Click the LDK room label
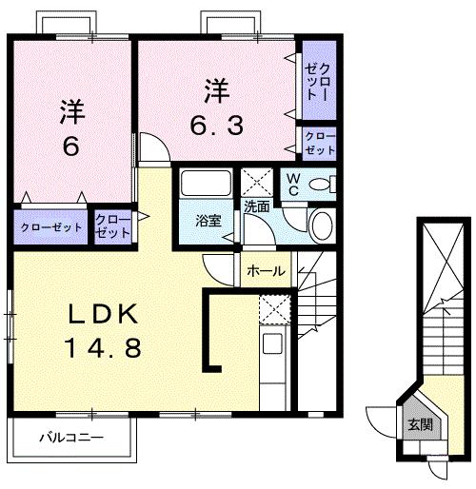pos(106,315)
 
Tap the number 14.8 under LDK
pos(106,347)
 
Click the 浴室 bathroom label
pos(208,221)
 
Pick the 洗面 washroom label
pos(256,205)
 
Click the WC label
pos(293,182)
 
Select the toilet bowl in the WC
pos(322,183)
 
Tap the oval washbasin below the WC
pos(322,225)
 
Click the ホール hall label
pos(266,271)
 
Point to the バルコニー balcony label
pos(71,439)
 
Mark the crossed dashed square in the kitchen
pos(272,309)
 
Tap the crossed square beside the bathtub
pos(255,181)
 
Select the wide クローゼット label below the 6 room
pos(51,227)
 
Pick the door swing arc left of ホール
pos(221,268)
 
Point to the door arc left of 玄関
pos(383,421)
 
